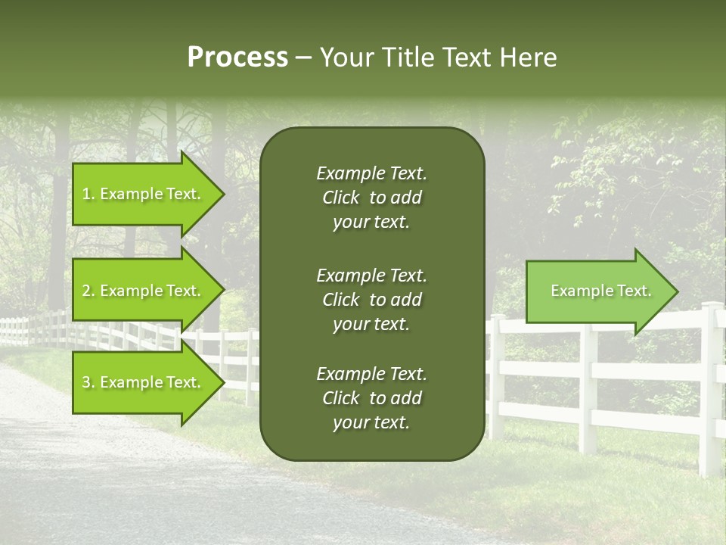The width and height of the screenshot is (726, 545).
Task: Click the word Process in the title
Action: (x=237, y=58)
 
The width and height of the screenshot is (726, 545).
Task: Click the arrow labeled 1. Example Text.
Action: (x=141, y=194)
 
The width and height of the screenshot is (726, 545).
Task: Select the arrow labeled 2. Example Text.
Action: (x=141, y=291)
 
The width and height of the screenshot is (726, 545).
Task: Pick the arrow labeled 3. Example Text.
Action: (x=141, y=382)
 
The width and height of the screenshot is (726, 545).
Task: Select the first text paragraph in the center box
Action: (x=371, y=198)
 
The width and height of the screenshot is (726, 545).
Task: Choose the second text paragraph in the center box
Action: (x=371, y=300)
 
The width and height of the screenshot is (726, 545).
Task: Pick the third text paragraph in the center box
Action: (x=371, y=398)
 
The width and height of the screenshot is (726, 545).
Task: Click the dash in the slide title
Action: (x=304, y=58)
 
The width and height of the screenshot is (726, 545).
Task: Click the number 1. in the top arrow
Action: (x=88, y=194)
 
